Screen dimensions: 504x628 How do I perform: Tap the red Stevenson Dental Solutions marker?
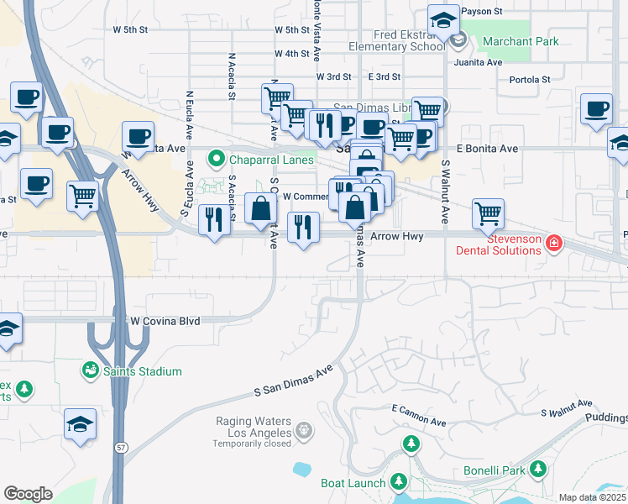pos(553,244)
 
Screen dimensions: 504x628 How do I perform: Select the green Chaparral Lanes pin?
pos(217,159)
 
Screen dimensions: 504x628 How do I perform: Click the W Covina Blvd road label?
pos(165,321)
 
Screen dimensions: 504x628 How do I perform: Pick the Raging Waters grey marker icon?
pos(303,432)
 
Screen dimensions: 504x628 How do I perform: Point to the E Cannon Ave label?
pos(419,414)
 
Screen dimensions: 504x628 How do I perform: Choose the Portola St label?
pos(530,80)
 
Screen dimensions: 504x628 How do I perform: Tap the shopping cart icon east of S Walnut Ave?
pos(488,213)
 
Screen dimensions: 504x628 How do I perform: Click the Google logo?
pos(28,493)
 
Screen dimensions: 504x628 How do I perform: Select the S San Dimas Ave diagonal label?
pos(294,381)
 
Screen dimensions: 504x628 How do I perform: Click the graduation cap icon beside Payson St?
pos(442,21)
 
